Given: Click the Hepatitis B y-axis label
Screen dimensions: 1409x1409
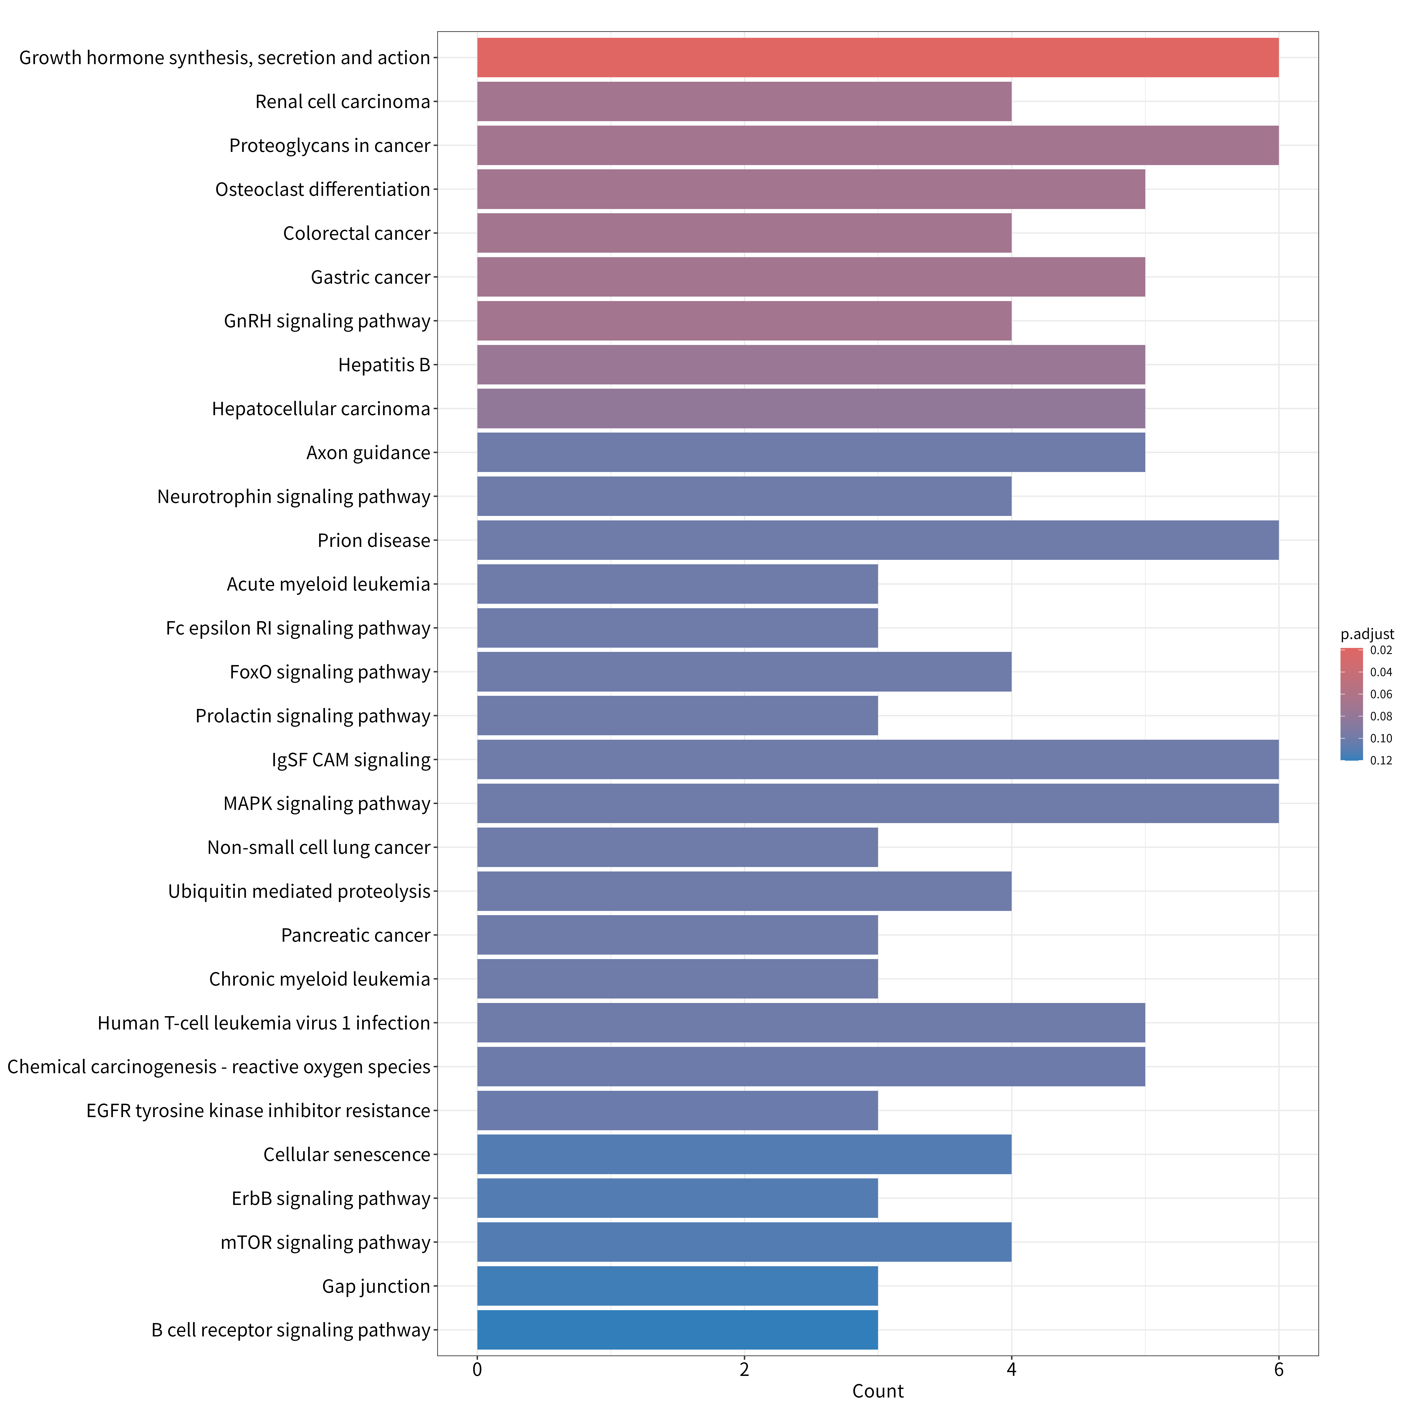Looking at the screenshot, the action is [384, 365].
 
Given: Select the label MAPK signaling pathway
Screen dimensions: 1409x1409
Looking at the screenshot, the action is [327, 804].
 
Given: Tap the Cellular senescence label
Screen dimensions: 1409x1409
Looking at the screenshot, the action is [347, 1154].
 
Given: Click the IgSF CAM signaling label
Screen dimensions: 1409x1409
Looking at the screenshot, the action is [352, 760].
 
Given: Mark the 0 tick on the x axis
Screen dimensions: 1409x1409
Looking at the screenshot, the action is [477, 1370].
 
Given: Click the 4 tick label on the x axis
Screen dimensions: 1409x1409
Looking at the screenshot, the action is [1011, 1370].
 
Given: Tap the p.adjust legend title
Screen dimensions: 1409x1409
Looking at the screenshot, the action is [1367, 635].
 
